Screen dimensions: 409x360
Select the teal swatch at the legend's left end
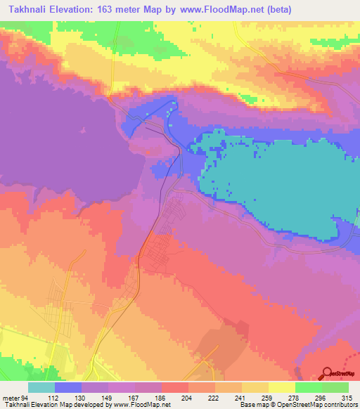coord(41,387)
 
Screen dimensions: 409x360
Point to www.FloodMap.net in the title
coord(219,9)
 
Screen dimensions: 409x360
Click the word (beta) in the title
coord(278,9)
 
